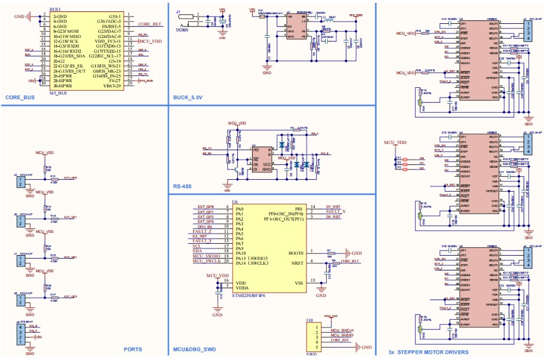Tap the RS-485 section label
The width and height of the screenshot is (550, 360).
point(184,186)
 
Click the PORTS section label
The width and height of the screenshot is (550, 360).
point(133,349)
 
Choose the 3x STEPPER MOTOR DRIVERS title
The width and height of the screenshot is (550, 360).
point(428,352)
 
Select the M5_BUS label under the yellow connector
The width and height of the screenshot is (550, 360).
point(59,92)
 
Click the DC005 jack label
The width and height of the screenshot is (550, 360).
point(182,31)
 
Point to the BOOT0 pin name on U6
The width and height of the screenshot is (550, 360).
point(295,252)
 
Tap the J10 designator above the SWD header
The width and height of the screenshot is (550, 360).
point(309,320)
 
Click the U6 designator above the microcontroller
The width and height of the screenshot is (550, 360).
point(235,202)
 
